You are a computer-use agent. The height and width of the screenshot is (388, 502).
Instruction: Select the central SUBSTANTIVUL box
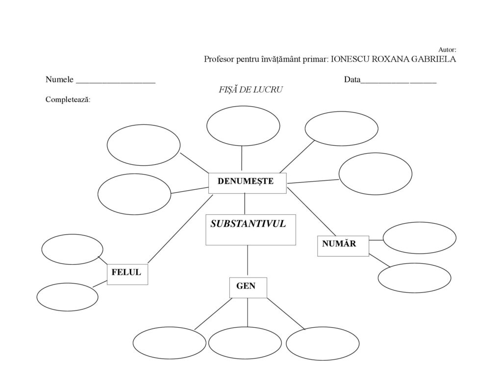pyautogui.click(x=251, y=229)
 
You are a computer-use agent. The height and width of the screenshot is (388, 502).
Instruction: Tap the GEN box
pyautogui.click(x=248, y=287)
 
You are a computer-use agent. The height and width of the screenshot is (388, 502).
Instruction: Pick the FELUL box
pyautogui.click(x=127, y=274)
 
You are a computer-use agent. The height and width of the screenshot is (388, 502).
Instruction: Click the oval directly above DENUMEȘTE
pyautogui.click(x=243, y=126)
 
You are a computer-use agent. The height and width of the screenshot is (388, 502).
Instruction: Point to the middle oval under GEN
pyautogui.click(x=245, y=343)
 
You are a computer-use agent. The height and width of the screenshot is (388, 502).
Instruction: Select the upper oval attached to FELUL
pyautogui.click(x=72, y=249)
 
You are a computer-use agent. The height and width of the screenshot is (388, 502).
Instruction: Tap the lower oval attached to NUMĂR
pyautogui.click(x=414, y=277)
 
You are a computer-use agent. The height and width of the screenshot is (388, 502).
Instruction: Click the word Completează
pyautogui.click(x=68, y=100)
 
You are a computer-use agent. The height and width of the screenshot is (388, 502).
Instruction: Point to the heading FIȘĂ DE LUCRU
pyautogui.click(x=251, y=90)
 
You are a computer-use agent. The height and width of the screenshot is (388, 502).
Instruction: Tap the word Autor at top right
pyautogui.click(x=448, y=50)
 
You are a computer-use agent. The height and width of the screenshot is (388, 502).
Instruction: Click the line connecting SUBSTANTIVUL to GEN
pyautogui.click(x=248, y=260)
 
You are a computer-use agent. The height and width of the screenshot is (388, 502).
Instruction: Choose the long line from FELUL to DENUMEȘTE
pyautogui.click(x=180, y=228)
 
